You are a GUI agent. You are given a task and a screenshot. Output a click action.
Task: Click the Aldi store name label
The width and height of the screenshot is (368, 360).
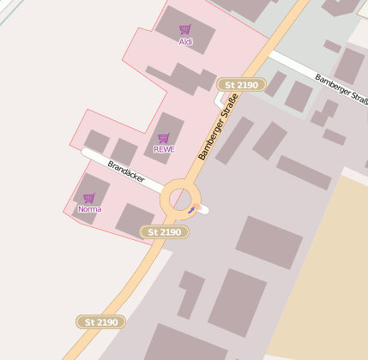185,41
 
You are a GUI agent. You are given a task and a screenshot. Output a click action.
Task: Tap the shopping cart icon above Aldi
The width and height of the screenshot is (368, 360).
184,30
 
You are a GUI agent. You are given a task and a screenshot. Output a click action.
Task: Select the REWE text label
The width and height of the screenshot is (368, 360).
164,149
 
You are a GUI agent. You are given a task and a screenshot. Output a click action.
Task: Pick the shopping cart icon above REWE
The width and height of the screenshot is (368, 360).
164,138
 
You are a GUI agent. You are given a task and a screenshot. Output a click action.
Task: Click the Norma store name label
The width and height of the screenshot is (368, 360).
89,209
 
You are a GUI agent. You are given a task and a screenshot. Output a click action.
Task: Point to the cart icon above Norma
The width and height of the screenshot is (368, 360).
89,198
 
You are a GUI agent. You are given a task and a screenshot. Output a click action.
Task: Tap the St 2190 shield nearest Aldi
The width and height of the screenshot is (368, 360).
238,85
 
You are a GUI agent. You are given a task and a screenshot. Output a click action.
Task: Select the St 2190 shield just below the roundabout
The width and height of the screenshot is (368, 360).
164,232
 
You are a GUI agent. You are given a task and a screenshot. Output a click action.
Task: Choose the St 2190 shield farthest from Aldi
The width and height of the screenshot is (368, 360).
100,322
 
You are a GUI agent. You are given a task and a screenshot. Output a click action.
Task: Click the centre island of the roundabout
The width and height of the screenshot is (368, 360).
180,200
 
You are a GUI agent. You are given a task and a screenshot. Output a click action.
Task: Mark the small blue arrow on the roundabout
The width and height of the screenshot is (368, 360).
192,208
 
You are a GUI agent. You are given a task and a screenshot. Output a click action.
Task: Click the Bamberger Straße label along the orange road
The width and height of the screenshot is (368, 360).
218,128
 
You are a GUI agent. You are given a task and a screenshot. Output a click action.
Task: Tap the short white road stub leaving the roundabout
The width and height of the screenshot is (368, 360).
204,210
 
